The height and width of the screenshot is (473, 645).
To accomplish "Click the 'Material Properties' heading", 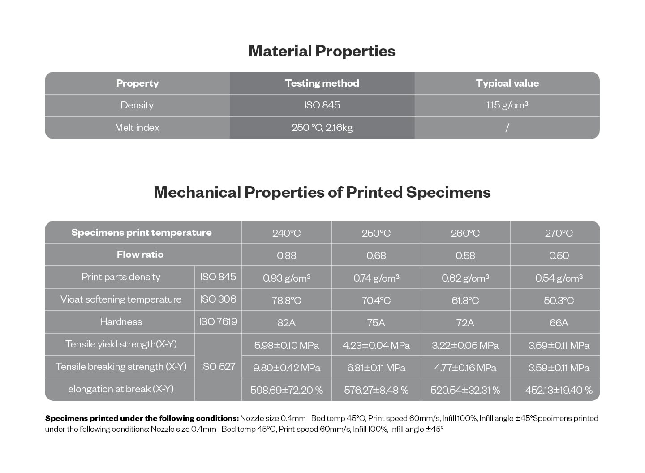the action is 322,51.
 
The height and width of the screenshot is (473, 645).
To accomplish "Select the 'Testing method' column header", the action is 322,83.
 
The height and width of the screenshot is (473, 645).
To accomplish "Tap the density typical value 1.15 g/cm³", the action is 507,105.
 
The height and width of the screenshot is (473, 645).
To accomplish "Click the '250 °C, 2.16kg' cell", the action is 322,127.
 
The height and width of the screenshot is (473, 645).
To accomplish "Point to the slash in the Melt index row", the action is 507,127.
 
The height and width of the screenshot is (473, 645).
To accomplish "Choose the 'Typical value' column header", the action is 507,83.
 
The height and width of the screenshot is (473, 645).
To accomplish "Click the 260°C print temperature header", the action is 465,233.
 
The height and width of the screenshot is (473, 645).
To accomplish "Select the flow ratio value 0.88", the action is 287,256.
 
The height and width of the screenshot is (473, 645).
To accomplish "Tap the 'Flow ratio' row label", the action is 140,255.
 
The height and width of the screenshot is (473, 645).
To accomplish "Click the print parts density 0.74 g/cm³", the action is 376,278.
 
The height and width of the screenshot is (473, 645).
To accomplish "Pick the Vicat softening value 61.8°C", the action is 465,300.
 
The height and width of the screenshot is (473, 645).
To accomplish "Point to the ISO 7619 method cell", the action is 218,321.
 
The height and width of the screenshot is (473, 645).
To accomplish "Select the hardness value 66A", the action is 559,323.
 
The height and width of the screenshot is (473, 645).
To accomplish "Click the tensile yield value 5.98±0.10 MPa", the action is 287,345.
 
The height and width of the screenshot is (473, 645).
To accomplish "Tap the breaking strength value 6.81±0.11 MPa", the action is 376,368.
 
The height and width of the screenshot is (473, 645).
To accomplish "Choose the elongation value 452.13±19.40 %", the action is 559,390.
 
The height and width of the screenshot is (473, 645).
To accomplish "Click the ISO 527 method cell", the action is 218,366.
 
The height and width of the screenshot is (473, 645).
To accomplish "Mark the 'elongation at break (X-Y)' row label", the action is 121,389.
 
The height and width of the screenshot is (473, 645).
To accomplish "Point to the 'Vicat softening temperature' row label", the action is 121,299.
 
